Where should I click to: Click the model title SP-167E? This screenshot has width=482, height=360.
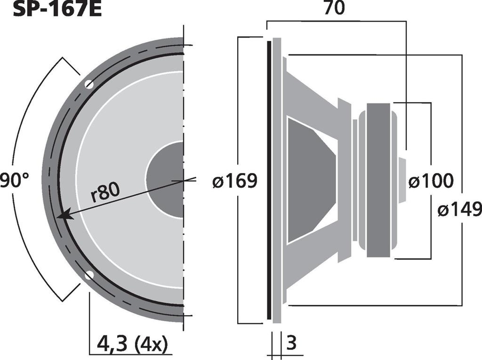[57, 9]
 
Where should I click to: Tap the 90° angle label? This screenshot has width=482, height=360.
[14, 180]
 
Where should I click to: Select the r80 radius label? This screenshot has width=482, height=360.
[106, 192]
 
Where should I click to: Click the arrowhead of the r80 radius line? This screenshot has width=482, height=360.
[65, 215]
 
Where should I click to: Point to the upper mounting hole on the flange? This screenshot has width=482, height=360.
[89, 84]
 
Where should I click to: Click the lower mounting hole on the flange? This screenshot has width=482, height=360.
[89, 275]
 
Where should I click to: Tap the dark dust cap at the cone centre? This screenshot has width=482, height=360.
[165, 180]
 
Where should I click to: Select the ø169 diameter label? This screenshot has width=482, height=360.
[235, 181]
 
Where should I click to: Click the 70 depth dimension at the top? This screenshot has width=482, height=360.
[335, 8]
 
